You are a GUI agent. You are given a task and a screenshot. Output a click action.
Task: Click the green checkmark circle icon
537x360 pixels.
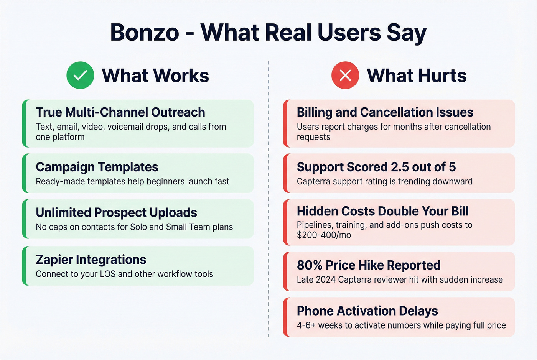pos(80,75)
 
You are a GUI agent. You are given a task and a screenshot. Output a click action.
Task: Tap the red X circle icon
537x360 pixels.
pos(345,75)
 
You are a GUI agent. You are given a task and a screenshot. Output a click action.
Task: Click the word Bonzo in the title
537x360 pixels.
pos(145,32)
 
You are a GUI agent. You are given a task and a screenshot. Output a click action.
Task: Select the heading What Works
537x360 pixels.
pos(155,76)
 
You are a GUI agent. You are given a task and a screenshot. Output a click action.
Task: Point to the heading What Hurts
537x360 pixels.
pos(417,76)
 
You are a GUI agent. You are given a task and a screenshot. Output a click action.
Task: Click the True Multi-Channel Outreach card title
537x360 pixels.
pos(120,112)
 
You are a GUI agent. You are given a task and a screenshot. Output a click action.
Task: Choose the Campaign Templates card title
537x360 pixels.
pos(97,167)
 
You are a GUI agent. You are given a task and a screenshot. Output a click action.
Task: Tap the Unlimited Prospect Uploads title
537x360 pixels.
pos(116,213)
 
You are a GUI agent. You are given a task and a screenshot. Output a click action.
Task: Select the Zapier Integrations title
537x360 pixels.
pos(91,260)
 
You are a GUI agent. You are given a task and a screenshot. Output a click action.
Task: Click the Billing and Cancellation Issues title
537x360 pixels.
pos(385,112)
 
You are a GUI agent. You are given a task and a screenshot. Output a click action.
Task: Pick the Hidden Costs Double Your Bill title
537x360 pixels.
pos(383,211)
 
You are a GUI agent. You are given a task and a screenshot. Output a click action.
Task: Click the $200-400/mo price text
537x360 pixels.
pos(324,235)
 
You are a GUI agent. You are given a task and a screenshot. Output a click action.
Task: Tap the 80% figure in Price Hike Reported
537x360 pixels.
pos(310,265)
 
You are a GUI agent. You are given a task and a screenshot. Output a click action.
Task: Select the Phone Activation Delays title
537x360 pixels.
pos(367,311)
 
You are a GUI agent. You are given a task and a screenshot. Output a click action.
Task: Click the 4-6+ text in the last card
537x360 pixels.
pos(306,325)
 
